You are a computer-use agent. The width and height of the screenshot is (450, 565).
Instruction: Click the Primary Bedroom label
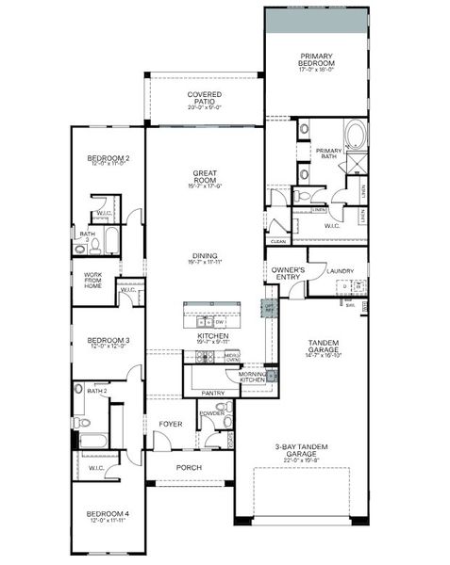point(317,58)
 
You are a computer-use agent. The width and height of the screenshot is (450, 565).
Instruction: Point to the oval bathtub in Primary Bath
point(358,137)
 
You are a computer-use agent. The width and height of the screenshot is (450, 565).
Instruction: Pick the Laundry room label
point(341,271)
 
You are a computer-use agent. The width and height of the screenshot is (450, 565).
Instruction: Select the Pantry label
point(212,393)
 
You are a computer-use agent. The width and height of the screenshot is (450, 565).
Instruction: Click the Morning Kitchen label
point(252,378)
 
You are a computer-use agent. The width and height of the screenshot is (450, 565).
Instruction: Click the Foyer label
point(171,424)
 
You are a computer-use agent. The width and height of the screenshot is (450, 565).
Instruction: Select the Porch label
point(192,467)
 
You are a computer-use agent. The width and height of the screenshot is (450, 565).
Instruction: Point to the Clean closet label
point(277,241)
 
